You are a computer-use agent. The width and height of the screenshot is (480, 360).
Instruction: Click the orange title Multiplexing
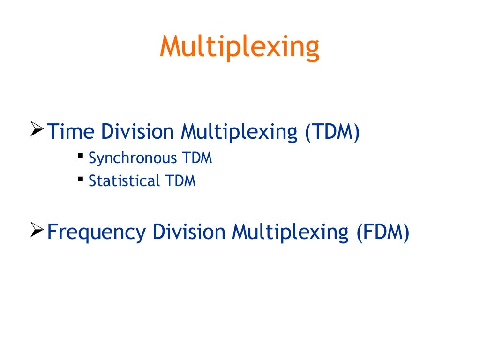pos(240,47)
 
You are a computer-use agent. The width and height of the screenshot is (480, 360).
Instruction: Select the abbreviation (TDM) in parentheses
pos(332,132)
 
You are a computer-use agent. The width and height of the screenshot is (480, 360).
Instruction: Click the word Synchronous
pos(132,159)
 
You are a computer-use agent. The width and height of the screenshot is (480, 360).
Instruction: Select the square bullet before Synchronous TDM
pos(81,155)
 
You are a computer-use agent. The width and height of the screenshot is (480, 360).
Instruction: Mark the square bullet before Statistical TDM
pos(81,178)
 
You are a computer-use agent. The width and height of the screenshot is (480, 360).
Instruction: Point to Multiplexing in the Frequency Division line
pos(289,232)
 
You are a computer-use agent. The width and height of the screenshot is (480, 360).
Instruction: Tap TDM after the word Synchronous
pos(196,158)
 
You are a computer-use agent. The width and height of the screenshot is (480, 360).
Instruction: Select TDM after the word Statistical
pos(180,181)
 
